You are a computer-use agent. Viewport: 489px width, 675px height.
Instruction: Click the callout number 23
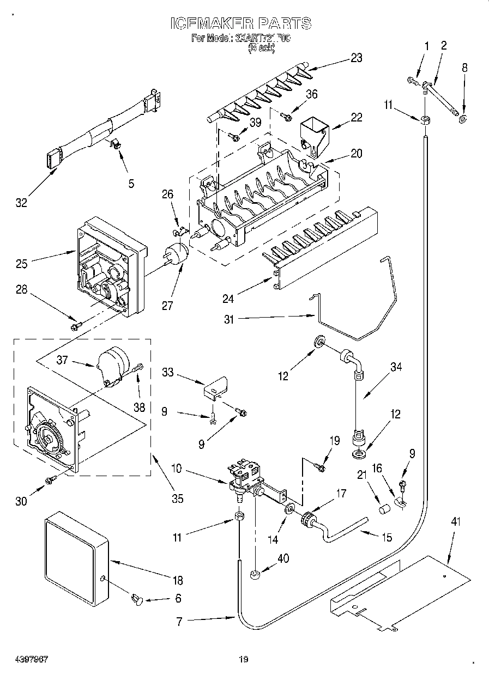(356, 58)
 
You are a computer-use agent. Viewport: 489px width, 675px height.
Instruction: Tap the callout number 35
(177, 498)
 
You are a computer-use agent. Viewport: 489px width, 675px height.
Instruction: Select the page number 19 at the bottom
(244, 659)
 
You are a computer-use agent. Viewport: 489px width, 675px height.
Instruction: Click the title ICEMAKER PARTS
(241, 23)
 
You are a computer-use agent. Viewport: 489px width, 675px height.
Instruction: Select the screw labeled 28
(75, 326)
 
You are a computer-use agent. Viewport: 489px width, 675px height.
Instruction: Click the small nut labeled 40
(255, 574)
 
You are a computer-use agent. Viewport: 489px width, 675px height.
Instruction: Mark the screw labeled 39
(234, 137)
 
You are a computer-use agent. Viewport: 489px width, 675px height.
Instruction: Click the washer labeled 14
(289, 509)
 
